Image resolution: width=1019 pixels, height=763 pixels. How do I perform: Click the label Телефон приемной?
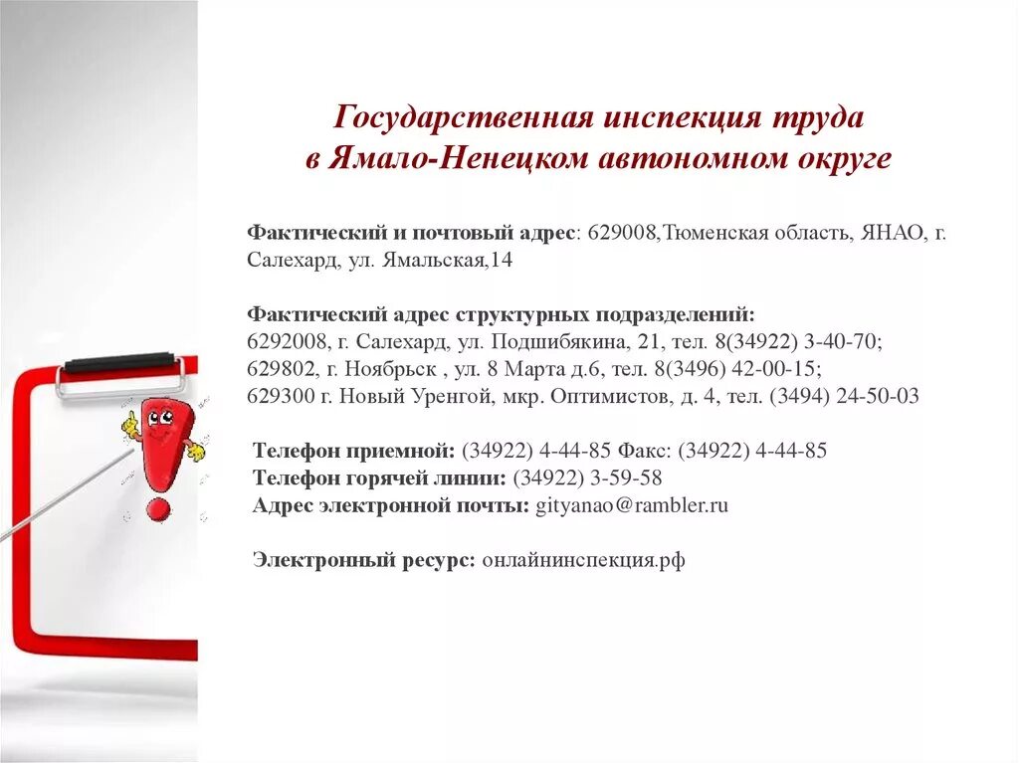pyautogui.click(x=353, y=451)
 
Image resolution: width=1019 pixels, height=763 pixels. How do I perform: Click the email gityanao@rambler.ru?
pyautogui.click(x=632, y=505)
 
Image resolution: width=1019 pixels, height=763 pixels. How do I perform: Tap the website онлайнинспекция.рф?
pyautogui.click(x=583, y=560)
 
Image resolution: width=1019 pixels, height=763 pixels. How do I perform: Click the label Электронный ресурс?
pyautogui.click(x=363, y=560)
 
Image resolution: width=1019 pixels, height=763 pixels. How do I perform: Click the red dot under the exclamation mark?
pyautogui.click(x=157, y=510)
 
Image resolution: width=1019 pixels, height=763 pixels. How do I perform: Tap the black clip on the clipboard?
pyautogui.click(x=119, y=362)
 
